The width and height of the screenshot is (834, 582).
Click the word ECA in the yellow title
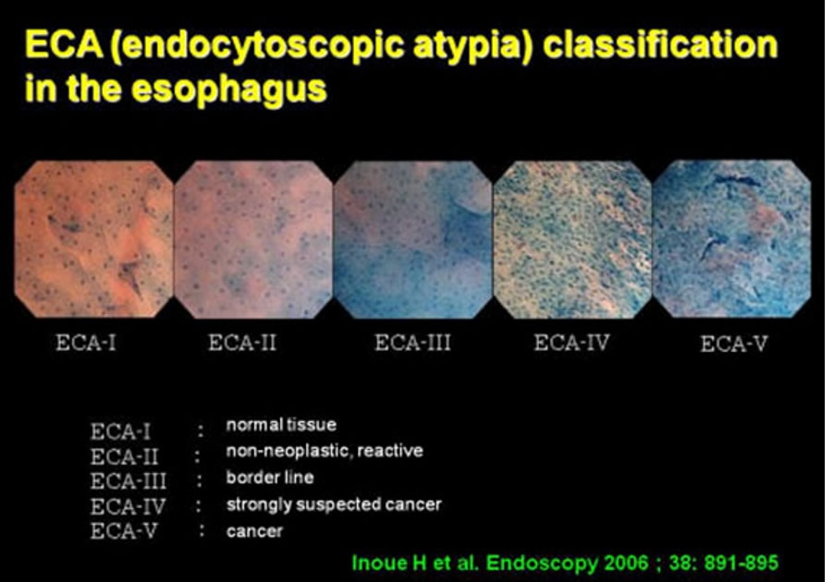64,44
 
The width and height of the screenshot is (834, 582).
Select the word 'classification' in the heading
660,44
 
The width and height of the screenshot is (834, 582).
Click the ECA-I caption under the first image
86,343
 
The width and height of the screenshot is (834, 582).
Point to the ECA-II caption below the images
242,343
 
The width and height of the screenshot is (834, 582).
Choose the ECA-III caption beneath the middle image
412,343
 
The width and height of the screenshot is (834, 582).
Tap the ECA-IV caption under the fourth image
571,343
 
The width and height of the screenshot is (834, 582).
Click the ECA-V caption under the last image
734,345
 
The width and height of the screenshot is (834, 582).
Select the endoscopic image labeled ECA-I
94,239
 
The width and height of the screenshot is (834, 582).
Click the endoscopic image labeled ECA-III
413,239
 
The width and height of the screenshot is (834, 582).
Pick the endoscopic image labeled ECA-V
732,239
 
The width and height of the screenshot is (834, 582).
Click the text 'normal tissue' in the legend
281,425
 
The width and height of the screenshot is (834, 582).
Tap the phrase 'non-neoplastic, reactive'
325,451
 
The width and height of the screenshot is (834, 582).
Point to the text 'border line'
270,478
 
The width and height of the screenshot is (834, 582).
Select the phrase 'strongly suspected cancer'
334,504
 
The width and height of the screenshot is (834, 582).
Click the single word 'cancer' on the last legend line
254,531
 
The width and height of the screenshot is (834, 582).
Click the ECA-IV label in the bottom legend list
128,506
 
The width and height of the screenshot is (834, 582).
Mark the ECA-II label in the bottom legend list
124,456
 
